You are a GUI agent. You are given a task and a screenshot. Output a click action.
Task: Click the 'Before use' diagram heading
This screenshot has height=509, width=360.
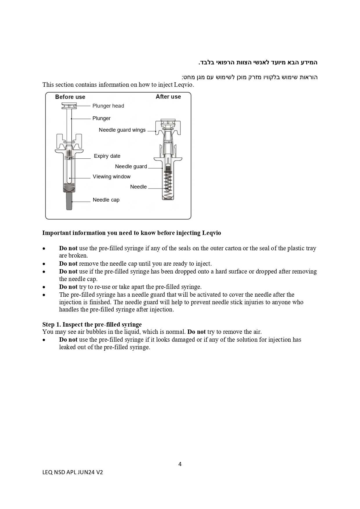(x=70, y=97)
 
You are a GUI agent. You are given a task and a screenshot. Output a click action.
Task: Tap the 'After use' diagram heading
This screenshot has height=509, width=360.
(x=168, y=97)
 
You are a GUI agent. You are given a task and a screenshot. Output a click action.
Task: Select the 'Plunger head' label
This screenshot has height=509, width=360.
(x=108, y=106)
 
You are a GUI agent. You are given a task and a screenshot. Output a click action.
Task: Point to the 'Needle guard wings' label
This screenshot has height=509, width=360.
(x=122, y=130)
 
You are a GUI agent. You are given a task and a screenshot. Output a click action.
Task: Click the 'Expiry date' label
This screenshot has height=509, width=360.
(x=107, y=156)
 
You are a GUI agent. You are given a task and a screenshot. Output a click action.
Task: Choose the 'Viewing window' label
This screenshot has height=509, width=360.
(x=111, y=177)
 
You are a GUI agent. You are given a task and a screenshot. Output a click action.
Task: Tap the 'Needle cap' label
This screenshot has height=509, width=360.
(x=106, y=200)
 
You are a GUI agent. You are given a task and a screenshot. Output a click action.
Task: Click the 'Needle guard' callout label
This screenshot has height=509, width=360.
(x=131, y=166)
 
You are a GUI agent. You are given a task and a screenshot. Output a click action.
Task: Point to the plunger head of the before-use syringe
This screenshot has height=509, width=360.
(x=69, y=106)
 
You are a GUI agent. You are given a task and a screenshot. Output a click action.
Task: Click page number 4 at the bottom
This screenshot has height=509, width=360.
(x=180, y=464)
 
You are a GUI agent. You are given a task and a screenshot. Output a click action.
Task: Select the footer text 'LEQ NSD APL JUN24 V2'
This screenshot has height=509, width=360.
(x=73, y=472)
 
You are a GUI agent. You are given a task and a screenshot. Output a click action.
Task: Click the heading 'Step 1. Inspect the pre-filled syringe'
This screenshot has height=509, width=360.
(x=92, y=325)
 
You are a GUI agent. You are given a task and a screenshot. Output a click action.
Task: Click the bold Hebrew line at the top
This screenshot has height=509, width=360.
(x=258, y=62)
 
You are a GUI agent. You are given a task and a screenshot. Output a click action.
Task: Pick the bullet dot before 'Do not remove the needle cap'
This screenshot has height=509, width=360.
(x=44, y=264)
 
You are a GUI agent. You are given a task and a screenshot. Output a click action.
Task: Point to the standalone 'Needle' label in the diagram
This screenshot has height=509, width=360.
(x=138, y=187)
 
